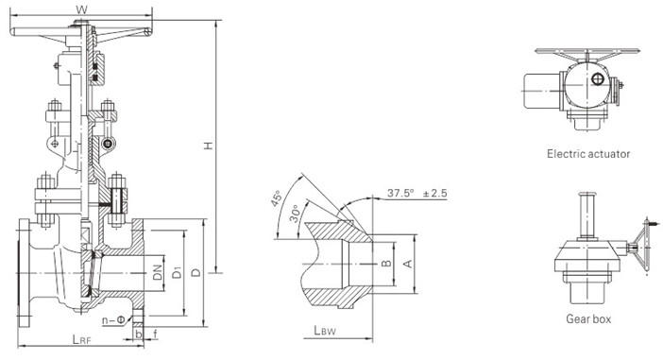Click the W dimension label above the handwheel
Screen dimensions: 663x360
(81, 9)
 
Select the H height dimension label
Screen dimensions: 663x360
(208, 146)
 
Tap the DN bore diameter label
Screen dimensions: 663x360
(158, 272)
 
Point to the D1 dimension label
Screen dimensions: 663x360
(178, 272)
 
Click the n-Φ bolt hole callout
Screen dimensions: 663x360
(113, 319)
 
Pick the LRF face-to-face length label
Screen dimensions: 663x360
(81, 339)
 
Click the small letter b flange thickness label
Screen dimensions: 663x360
(138, 334)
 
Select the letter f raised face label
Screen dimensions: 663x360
(155, 334)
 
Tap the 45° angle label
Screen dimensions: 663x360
(276, 198)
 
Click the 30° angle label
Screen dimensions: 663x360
(295, 214)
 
